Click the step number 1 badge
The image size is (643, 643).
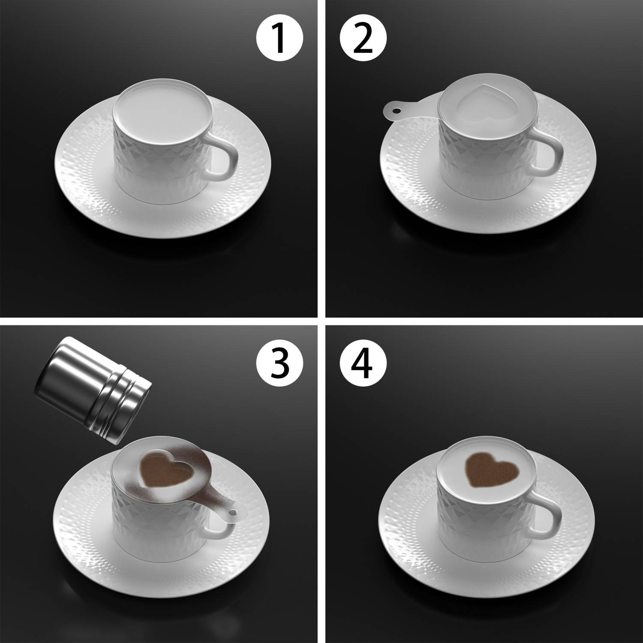tap(280, 39)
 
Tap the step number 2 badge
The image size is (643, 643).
tap(364, 39)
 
